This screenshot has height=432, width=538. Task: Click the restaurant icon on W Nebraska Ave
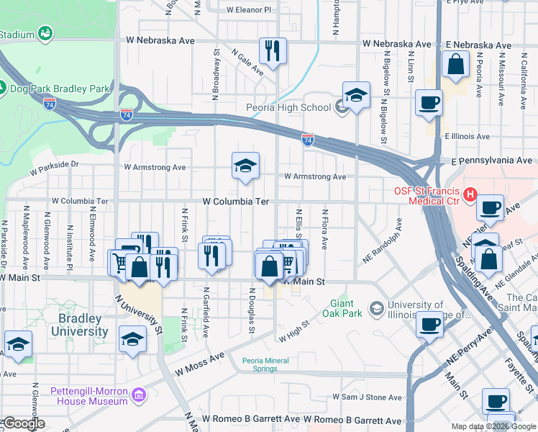coord(273,51)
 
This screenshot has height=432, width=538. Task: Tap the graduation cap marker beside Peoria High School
coord(356,96)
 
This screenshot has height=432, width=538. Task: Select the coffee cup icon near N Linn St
coord(429,103)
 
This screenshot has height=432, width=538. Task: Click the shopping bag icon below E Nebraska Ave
coord(456,66)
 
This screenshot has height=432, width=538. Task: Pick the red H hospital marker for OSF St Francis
coord(470,194)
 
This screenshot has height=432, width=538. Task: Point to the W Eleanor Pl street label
coord(249,10)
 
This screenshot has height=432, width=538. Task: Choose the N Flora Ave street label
coord(325,230)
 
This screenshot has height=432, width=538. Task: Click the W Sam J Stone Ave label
coord(367,397)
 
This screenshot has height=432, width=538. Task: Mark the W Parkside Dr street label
coord(54,168)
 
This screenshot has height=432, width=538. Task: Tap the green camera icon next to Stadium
coord(45,34)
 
